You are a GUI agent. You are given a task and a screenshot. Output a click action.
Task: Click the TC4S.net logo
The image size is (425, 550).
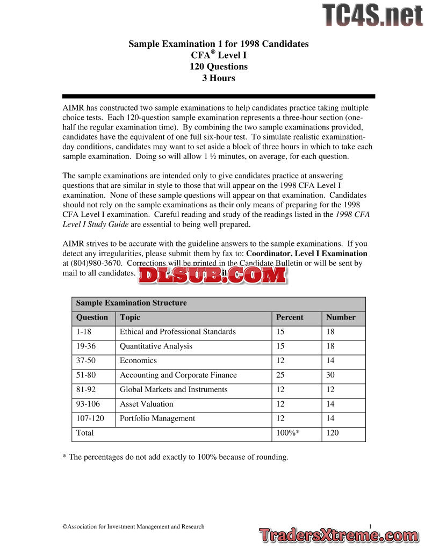point(372,15)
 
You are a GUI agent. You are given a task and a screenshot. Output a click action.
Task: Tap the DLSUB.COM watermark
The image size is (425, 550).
point(212,275)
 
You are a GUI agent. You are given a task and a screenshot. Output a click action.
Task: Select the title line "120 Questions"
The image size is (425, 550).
point(218,67)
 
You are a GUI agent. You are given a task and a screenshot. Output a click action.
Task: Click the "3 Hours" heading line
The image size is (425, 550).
point(218,78)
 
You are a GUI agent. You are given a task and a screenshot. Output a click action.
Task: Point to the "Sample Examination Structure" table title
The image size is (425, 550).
point(132,303)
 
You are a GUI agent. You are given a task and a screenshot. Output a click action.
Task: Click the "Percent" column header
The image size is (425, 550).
point(290,317)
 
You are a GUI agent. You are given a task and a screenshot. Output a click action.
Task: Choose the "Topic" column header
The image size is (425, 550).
point(130,317)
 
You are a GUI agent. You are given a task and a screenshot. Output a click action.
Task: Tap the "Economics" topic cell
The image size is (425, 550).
point(138,360)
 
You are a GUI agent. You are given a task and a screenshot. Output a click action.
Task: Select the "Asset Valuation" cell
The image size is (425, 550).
point(146,404)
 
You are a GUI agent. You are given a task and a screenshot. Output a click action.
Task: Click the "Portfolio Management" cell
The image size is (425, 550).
point(157,418)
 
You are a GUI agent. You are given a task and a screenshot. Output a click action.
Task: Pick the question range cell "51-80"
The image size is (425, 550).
point(86,375)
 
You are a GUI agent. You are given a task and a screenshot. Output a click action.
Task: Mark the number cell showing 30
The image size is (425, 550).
point(331,375)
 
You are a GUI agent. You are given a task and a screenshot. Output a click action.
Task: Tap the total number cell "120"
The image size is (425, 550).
point(333,433)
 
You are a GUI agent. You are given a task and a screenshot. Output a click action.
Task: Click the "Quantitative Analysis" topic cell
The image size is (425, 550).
point(156,346)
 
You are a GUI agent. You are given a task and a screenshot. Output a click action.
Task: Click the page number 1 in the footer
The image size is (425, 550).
point(371,526)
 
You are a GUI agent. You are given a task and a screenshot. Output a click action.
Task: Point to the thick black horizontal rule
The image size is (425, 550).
point(218,96)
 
